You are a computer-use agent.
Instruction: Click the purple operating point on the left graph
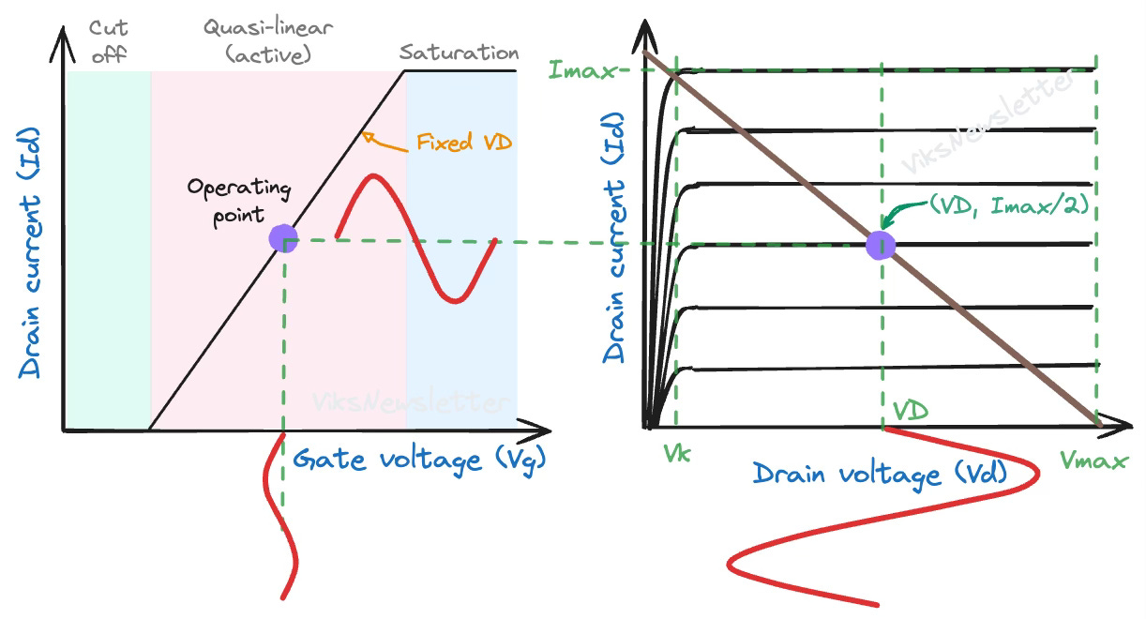283,238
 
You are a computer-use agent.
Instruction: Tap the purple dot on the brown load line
881,245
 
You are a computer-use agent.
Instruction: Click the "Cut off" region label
108,41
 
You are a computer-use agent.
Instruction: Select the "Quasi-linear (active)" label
268,41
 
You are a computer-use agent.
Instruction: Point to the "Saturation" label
459,53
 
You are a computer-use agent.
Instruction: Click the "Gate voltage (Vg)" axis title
418,459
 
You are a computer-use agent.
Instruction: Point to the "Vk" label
677,455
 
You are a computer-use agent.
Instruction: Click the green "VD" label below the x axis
910,410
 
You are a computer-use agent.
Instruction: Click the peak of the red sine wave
373,175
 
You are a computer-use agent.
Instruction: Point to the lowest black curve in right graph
891,367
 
